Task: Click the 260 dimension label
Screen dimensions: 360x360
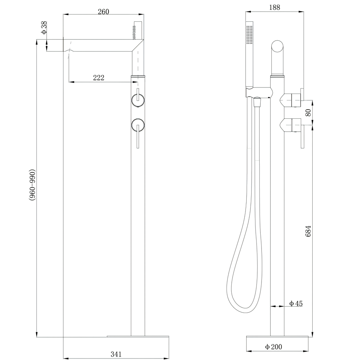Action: tap(103, 11)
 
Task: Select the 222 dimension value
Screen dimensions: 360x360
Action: tap(98, 78)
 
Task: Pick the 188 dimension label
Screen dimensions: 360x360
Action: tap(274, 7)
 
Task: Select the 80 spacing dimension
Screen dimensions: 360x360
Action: tap(308, 112)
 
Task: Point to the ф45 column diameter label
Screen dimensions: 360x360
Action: tap(296, 303)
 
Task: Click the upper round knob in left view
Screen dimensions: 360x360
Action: tap(137, 100)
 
